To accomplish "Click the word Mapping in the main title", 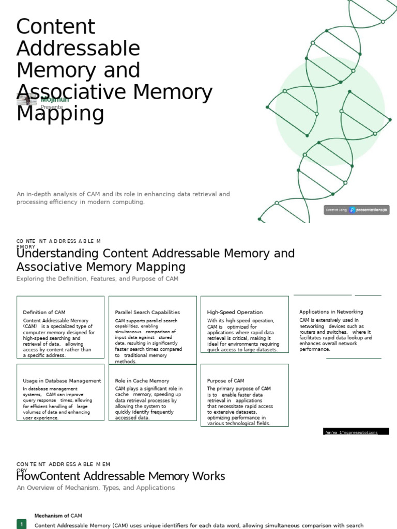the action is click(60, 114).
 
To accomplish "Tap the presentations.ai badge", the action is click(357, 210).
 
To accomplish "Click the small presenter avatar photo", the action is click(27, 101).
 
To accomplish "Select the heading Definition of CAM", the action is click(44, 312).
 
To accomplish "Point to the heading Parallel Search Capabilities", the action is click(147, 312).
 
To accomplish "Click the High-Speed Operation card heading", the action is click(235, 312).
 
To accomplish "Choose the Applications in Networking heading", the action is click(331, 312).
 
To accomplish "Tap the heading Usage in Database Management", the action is click(62, 381).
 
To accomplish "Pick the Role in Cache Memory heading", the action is click(142, 381).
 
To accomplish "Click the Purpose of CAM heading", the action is click(225, 381).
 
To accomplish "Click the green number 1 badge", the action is click(22, 524).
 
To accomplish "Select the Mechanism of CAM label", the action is click(58, 516).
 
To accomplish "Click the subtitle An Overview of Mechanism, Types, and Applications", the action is click(96, 488).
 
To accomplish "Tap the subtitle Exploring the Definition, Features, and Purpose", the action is click(97, 279).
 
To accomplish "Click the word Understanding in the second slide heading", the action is click(57, 254).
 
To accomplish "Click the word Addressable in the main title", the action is click(78, 49).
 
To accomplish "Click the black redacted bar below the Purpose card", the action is click(356, 432).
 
